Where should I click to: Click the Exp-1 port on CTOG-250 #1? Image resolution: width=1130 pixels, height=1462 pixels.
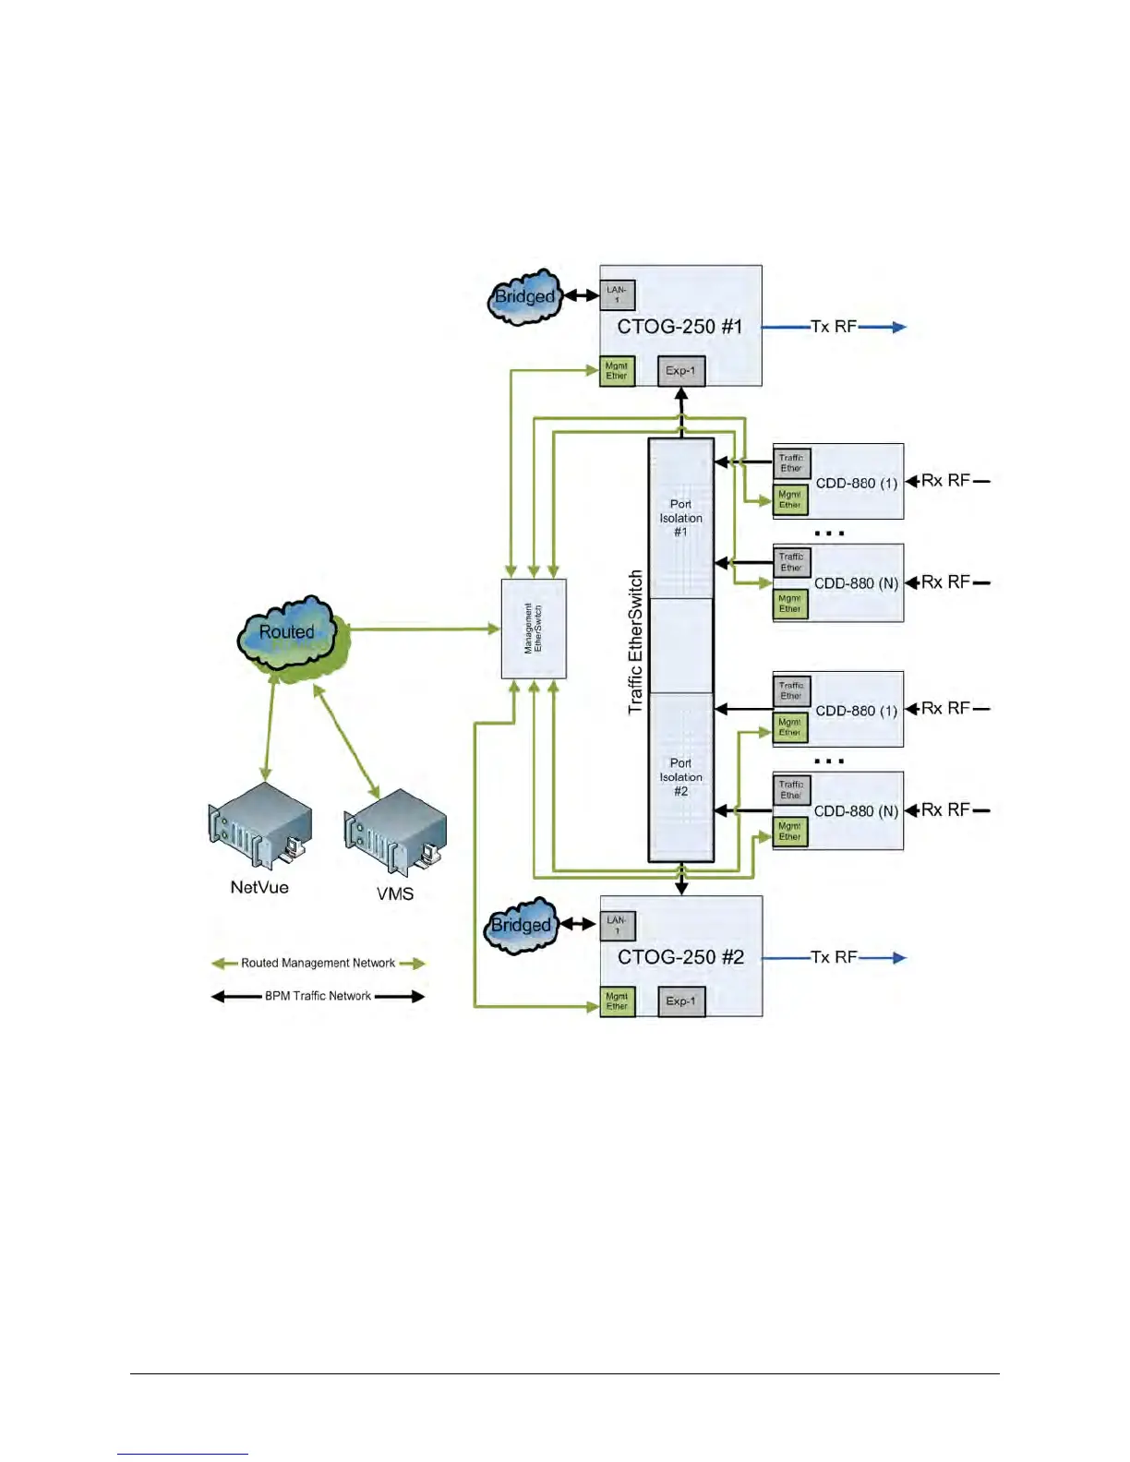680,371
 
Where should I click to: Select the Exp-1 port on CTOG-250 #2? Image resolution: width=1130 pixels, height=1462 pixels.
680,1001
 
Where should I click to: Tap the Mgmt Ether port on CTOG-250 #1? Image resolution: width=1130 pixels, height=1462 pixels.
617,371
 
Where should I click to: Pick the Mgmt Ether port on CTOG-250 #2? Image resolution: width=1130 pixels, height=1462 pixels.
617,1001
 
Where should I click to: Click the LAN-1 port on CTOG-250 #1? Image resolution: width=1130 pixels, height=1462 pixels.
617,295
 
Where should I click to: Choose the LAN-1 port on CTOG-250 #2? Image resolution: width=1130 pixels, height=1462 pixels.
617,926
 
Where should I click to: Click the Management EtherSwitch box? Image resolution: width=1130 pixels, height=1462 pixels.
534,629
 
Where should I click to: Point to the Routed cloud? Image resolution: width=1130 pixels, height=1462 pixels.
288,633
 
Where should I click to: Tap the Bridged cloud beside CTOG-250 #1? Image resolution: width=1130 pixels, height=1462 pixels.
524,297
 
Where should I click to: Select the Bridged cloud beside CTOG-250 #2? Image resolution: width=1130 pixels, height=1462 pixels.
522,926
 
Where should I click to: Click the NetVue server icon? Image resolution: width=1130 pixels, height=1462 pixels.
259,824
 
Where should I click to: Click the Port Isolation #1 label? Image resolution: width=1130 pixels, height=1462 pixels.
680,518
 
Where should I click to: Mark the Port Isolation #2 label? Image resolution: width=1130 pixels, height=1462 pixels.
680,777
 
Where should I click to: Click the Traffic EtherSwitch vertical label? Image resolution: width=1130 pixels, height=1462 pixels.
635,641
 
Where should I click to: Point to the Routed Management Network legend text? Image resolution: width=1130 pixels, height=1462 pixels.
318,964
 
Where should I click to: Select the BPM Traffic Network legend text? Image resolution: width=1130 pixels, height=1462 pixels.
318,997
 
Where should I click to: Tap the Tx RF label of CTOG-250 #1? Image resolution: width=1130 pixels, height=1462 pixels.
833,327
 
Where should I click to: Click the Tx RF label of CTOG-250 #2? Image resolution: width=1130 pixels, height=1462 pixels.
833,957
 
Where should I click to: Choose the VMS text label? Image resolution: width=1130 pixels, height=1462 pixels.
395,893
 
